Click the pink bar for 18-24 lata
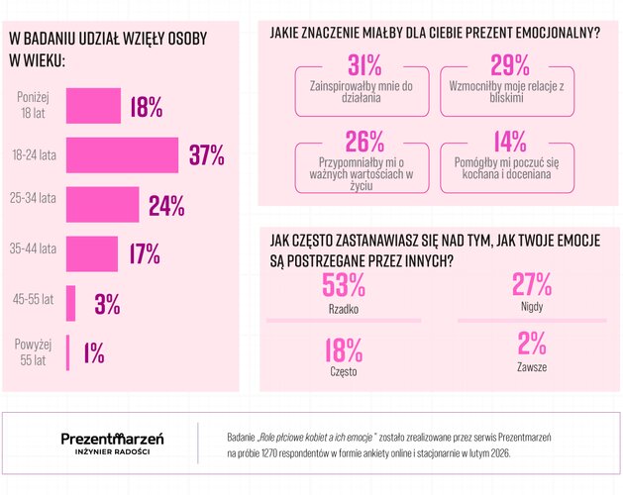pos(122,155)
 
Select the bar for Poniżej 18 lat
pos(93,106)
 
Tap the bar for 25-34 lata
pos(103,205)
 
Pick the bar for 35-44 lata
pos(91,253)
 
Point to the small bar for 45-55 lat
pos(70,303)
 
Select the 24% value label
pos(166,205)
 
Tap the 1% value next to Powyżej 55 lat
pos(94,351)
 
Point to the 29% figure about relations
pos(510,66)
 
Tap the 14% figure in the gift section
pos(510,143)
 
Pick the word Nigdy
pos(531,308)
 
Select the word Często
pos(343,371)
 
